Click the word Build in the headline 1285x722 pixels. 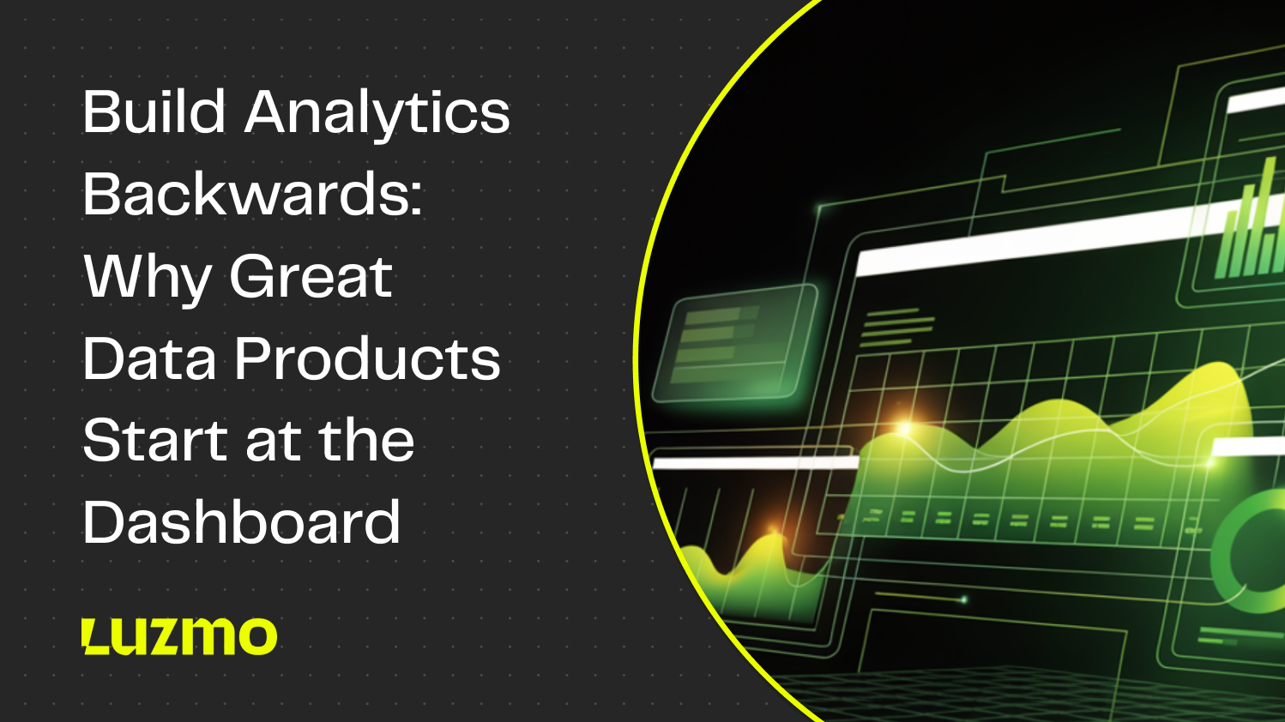pos(154,112)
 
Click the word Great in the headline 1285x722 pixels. pos(311,276)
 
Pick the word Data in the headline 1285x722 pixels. pos(149,358)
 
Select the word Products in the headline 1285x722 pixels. pos(367,358)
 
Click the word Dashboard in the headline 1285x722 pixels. pos(242,522)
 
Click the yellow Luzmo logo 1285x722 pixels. pos(179,636)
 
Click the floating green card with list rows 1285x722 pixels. pos(733,343)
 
